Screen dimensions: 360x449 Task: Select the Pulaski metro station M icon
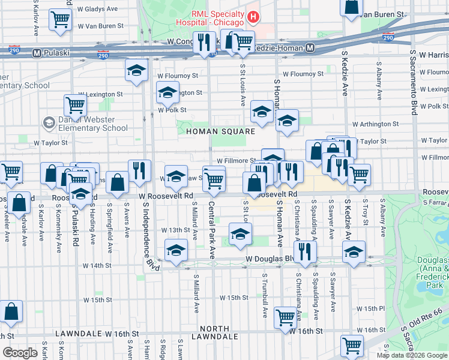37,53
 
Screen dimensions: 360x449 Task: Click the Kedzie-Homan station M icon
310,48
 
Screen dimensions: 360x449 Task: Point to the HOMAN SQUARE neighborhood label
220,131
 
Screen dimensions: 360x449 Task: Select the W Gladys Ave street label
97,10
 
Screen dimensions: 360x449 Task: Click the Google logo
20,353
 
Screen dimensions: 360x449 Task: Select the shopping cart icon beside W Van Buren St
60,20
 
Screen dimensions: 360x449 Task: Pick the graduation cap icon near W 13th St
240,234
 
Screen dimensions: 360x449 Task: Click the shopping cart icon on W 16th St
285,317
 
